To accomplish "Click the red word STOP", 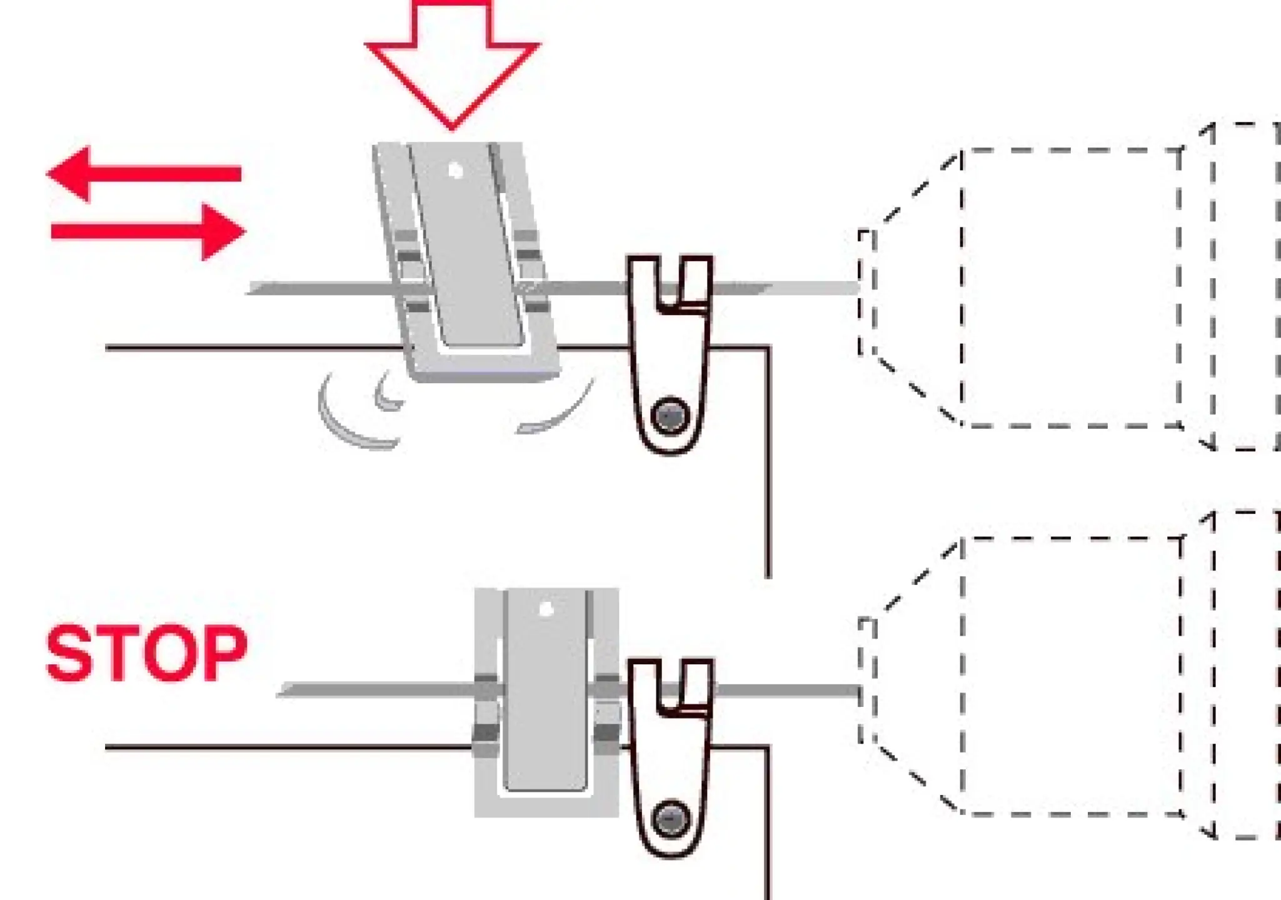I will click(146, 653).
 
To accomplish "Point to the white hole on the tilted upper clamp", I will click(456, 170).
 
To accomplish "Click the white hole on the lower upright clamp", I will click(546, 609).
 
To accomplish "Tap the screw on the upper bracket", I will click(670, 415).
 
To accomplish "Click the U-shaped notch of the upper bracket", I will click(668, 281).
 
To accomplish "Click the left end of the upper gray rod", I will click(254, 289).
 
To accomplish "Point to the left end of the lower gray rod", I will click(284, 690).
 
